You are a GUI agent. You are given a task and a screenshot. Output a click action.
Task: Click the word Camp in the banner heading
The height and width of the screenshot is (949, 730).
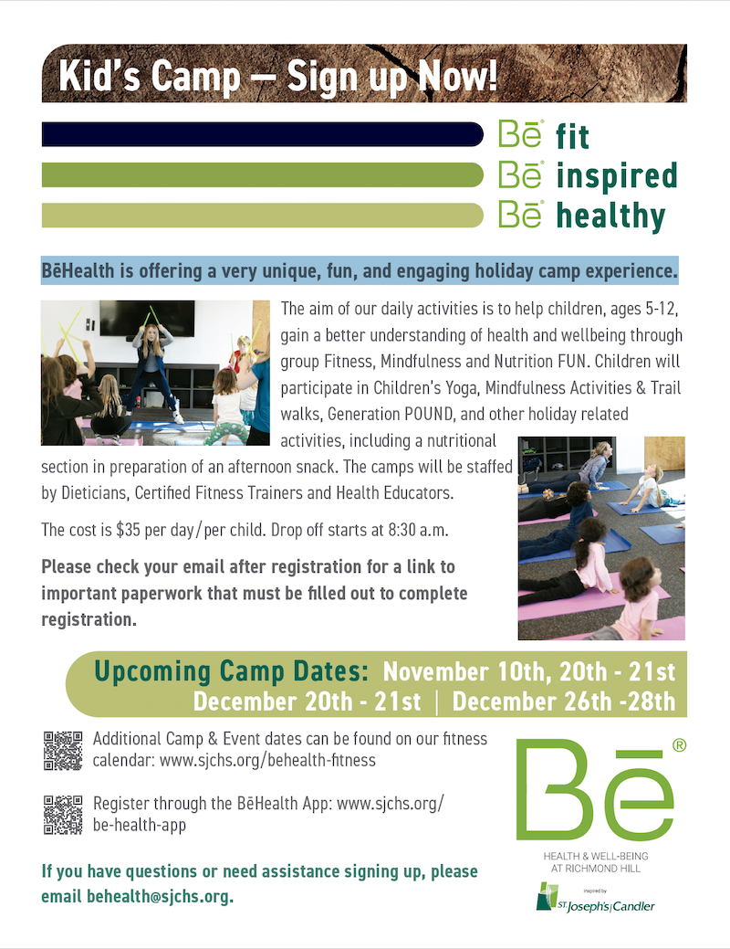pyautogui.click(x=195, y=77)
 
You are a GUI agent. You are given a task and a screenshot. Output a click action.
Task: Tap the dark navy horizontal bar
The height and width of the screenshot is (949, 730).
pyautogui.click(x=263, y=134)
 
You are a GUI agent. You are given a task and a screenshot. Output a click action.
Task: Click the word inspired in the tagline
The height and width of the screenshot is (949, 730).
pyautogui.click(x=616, y=176)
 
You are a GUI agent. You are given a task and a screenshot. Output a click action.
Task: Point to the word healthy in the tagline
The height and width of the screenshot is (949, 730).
pyautogui.click(x=610, y=216)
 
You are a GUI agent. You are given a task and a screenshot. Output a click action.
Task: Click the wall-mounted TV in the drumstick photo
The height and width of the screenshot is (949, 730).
pyautogui.click(x=148, y=319)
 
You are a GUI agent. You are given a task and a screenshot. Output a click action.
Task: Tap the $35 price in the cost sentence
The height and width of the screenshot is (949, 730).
pyautogui.click(x=129, y=530)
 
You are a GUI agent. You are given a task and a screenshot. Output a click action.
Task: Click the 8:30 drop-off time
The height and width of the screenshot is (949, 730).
pyautogui.click(x=402, y=530)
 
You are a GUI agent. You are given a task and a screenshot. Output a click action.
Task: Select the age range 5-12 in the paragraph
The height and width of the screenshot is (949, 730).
pyautogui.click(x=662, y=309)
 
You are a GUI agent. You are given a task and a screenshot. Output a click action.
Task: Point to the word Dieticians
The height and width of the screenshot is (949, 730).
pyautogui.click(x=94, y=493)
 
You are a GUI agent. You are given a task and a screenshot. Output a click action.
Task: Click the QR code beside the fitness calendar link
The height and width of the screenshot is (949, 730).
pyautogui.click(x=63, y=751)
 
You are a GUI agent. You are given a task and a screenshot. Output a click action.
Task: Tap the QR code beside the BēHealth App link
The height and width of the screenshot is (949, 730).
pyautogui.click(x=63, y=815)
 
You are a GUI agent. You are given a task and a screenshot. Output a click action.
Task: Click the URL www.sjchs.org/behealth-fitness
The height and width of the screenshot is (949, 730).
pyautogui.click(x=267, y=760)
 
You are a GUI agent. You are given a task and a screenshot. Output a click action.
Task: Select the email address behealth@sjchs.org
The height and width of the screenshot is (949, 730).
pyautogui.click(x=160, y=896)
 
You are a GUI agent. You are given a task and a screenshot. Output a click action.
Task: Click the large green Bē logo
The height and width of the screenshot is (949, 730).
pyautogui.click(x=595, y=790)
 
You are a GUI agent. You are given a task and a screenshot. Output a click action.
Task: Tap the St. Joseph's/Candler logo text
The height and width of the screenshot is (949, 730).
pyautogui.click(x=605, y=906)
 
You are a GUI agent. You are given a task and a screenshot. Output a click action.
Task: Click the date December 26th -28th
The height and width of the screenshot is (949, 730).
pyautogui.click(x=564, y=701)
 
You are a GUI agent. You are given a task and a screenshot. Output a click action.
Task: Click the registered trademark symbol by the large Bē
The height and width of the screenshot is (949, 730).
pyautogui.click(x=679, y=745)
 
